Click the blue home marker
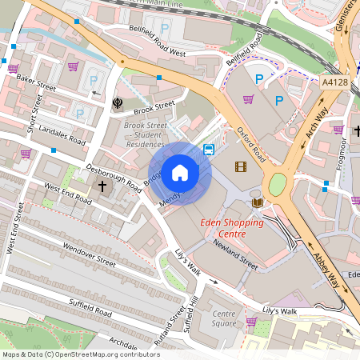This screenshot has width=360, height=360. [x=180, y=172]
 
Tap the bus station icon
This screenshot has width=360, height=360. [x=209, y=149]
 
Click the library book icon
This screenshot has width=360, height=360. [x=257, y=202]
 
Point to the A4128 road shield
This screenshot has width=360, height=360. [x=334, y=82]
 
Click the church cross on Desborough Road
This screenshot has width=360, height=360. [x=102, y=186]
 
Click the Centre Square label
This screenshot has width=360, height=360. [x=224, y=318]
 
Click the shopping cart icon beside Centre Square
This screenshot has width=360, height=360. [x=250, y=322]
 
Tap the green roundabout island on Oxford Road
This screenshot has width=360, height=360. [x=277, y=185]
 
